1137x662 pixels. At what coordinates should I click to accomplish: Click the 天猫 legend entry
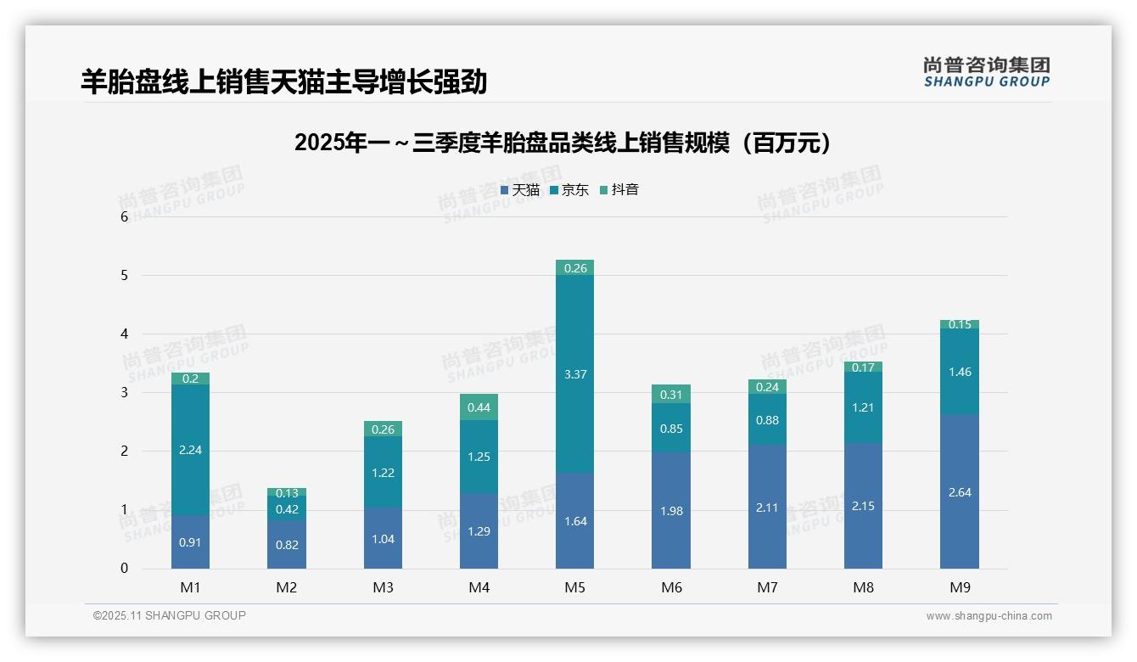520,190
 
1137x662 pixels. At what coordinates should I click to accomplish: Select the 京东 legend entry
569,190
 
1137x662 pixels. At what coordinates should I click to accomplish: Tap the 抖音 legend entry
619,190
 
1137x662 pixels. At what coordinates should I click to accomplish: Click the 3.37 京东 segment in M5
574,374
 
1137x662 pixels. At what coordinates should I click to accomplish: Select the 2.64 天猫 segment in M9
959,491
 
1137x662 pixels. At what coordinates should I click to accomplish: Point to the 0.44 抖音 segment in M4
479,407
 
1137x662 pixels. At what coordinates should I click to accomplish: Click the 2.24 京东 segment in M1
190,450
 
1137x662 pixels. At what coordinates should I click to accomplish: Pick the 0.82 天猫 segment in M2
287,545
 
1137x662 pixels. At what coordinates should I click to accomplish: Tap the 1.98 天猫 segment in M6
671,511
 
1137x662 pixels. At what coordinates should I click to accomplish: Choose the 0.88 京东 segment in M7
767,419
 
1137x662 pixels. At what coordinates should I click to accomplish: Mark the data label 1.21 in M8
863,407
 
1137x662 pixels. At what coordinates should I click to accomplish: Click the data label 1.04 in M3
383,539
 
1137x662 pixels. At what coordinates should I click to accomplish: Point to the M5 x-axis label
574,587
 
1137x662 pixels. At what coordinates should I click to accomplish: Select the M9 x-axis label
959,587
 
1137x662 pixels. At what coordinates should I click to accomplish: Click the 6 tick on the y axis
124,216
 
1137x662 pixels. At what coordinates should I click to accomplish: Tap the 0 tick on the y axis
124,569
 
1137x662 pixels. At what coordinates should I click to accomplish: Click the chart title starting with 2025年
563,143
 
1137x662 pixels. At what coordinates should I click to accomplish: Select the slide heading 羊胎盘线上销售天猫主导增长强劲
283,81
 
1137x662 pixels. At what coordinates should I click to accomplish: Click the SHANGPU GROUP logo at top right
986,72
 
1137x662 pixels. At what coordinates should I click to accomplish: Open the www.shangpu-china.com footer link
989,616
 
